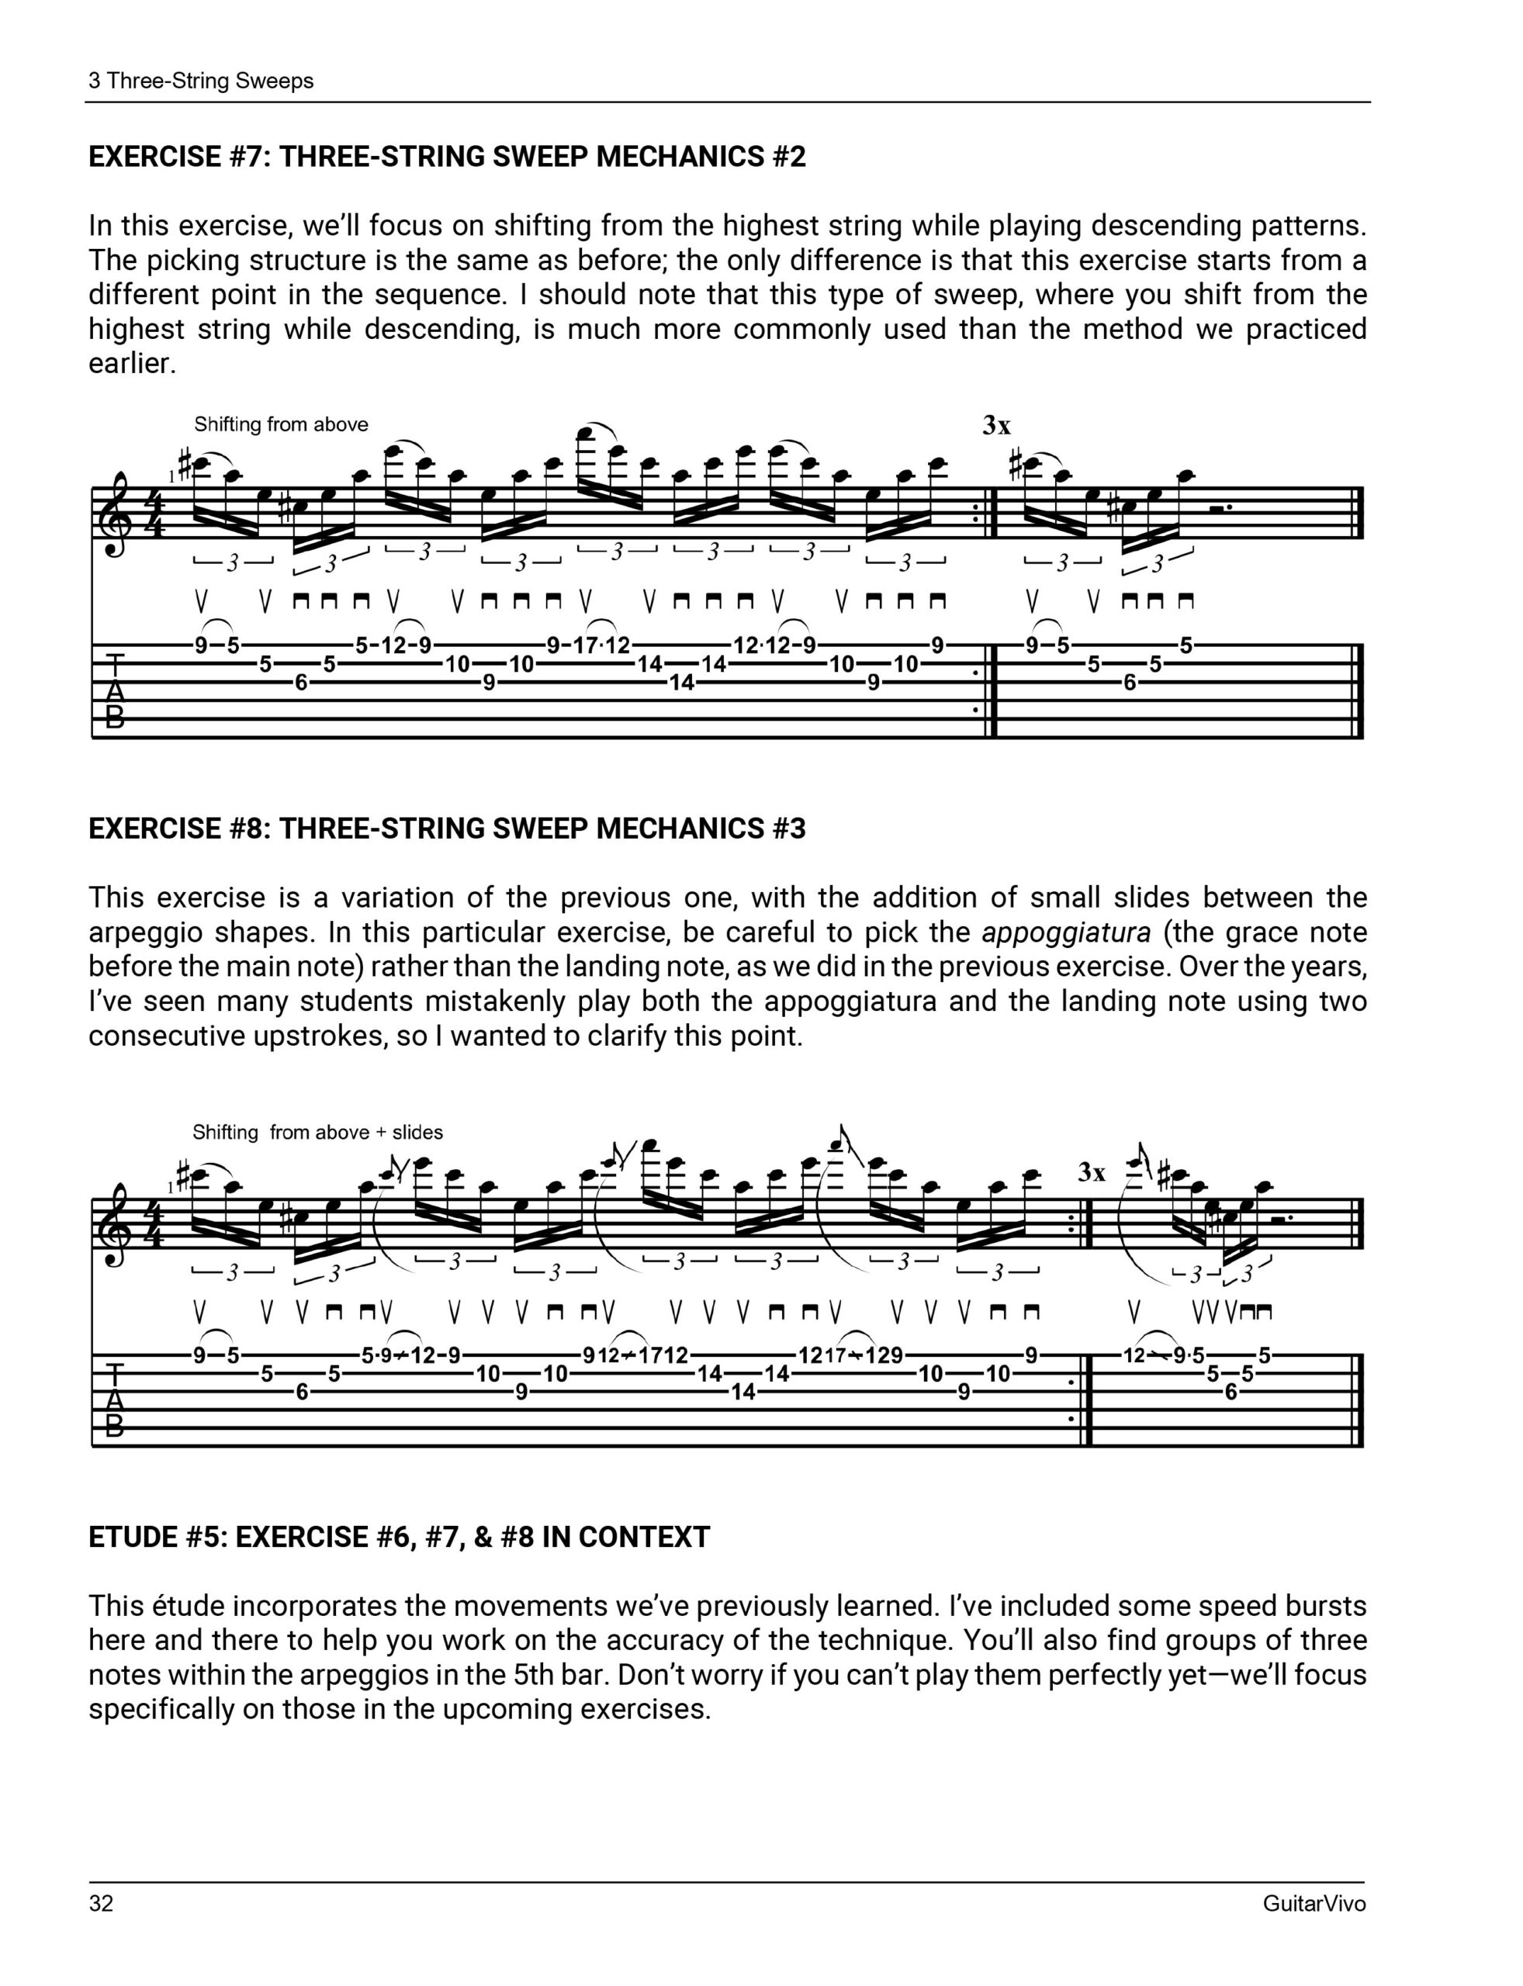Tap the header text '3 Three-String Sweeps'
(x=201, y=81)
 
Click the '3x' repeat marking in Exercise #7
(x=996, y=425)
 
